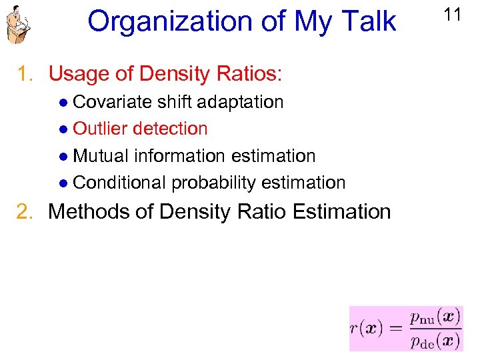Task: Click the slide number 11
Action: click(453, 15)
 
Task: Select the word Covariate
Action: click(112, 102)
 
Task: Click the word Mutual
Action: click(101, 156)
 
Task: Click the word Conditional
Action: click(119, 183)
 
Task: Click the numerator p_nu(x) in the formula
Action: click(435, 317)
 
